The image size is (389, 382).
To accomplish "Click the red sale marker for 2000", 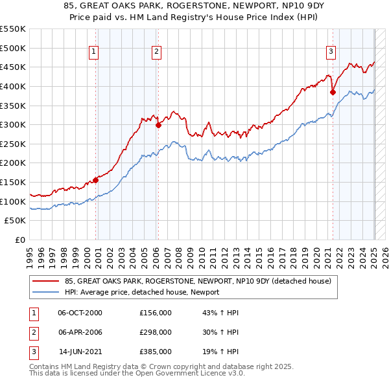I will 96,180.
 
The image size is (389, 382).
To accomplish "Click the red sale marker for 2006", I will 158,126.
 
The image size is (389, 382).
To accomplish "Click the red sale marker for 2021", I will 333,92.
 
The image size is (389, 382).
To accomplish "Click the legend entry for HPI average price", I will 142,292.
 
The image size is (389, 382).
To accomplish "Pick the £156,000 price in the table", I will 156,313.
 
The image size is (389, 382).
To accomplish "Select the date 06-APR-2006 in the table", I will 80,332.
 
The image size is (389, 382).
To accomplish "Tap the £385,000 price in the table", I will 156,352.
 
